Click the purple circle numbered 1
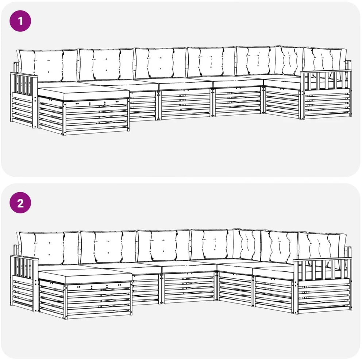pos(20,21)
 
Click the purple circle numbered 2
pos(20,203)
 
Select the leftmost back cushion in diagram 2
pos(49,248)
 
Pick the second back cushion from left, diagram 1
pos(107,64)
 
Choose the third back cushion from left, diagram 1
pos(161,63)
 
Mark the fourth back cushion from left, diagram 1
pos(211,62)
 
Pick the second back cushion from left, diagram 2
pos(108,247)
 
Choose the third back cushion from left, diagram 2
pos(163,245)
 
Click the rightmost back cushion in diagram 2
pos(322,246)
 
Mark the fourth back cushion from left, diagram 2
pos(212,244)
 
